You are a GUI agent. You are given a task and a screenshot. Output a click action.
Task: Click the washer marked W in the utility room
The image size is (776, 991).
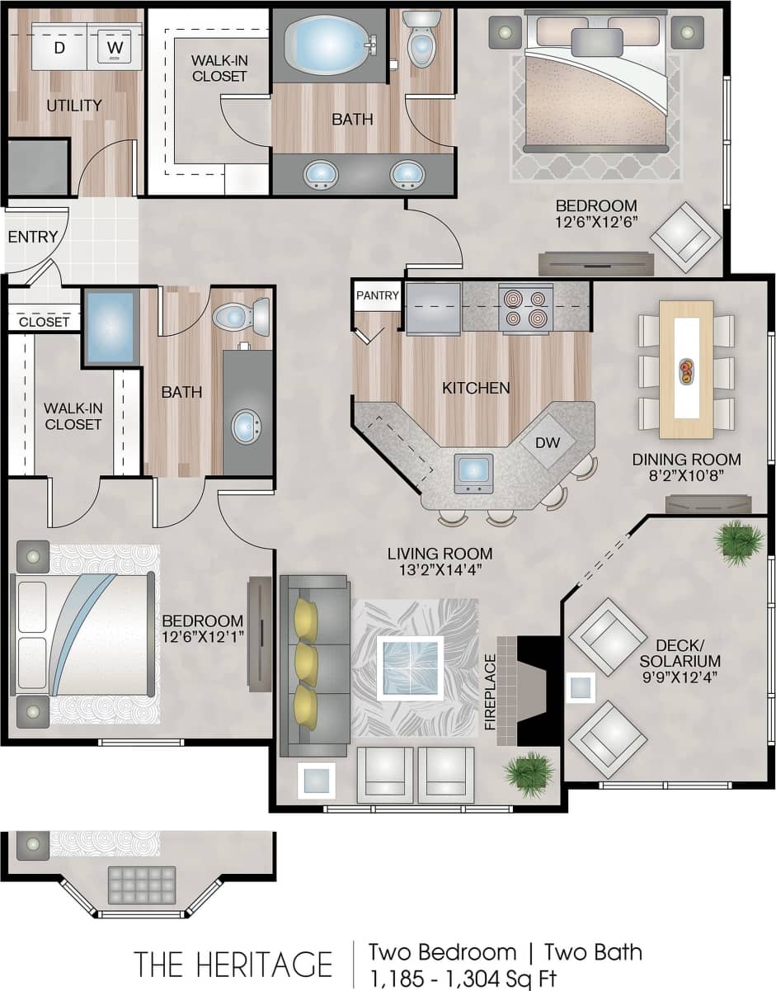115,47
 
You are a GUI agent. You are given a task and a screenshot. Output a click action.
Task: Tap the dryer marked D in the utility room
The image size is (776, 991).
59,47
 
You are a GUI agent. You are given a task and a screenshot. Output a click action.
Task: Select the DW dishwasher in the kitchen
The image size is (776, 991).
548,442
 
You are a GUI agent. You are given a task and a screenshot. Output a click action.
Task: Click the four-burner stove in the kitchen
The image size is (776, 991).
525,308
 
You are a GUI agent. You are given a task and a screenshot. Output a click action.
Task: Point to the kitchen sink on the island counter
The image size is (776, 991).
473,473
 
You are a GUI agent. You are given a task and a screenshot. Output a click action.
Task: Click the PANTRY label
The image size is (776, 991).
378,295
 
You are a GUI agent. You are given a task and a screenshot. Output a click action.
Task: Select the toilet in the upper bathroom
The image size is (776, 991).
421,40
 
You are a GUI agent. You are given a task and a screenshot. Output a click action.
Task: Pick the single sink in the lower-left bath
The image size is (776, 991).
247,427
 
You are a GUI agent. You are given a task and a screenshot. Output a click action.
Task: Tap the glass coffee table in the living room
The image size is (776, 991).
410,668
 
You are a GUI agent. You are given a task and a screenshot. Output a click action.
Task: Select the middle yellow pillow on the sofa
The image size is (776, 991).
306,660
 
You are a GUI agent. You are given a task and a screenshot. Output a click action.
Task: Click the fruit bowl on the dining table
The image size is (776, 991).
685,371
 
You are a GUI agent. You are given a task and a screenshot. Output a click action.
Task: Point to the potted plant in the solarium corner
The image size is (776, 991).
739,542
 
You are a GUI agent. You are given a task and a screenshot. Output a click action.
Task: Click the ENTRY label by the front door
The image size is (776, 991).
33,238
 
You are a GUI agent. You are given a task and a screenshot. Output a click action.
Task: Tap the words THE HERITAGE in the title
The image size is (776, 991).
233,964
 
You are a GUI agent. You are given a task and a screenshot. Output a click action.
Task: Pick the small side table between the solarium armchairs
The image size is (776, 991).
581,687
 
